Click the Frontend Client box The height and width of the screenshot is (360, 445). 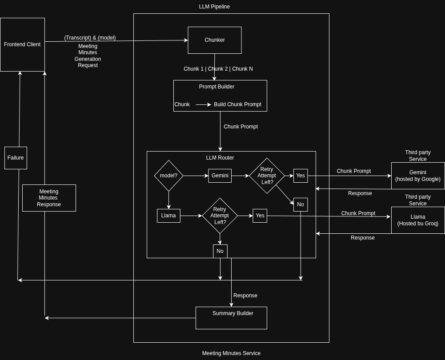point(22,44)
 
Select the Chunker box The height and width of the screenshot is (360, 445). point(214,40)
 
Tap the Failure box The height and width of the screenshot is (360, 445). point(16,158)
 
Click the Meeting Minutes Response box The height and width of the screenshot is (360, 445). point(49,198)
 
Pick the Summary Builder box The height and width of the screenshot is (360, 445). point(231,318)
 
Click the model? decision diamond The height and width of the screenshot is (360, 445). point(168,176)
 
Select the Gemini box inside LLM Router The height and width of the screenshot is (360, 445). point(220,176)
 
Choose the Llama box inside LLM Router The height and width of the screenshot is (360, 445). point(168,216)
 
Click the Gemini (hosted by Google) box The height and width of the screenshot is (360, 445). point(417,176)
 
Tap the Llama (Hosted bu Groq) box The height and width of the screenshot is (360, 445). point(417,220)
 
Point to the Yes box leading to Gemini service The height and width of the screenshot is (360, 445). point(301,176)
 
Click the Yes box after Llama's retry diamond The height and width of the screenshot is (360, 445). point(260,216)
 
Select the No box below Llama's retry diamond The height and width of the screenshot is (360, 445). point(220,251)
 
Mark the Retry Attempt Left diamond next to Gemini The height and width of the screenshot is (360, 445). point(267,176)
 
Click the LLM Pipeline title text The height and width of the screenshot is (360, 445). point(214,7)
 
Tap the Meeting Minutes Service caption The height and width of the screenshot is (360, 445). point(231,353)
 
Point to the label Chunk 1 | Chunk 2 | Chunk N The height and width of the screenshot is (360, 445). point(218,69)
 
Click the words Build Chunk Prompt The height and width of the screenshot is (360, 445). point(237,104)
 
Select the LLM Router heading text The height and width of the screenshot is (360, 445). point(220,158)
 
